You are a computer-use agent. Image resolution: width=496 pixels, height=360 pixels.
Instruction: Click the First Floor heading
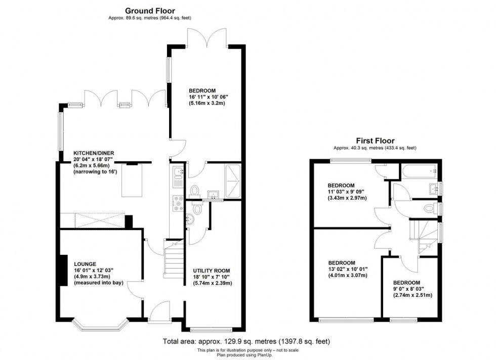point(375,141)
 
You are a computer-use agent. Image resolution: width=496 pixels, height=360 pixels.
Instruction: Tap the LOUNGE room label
point(85,264)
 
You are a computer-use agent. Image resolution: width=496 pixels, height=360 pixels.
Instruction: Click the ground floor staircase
point(174,260)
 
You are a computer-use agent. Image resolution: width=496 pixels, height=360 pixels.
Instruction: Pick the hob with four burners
point(178,202)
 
